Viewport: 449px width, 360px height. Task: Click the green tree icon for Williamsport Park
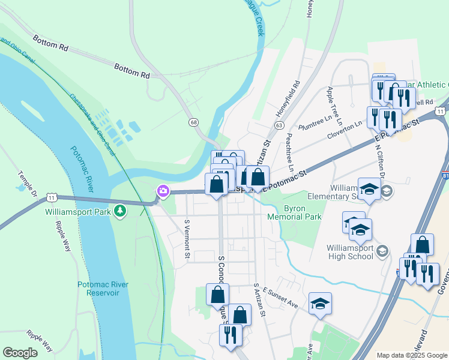[121, 210]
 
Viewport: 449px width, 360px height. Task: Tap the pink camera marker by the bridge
[163, 191]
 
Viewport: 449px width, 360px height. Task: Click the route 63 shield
[279, 125]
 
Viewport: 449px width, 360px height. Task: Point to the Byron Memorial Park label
[303, 214]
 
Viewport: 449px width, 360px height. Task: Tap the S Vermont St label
[187, 240]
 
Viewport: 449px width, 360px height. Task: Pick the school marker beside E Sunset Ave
[320, 304]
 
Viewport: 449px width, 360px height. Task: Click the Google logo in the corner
[20, 353]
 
